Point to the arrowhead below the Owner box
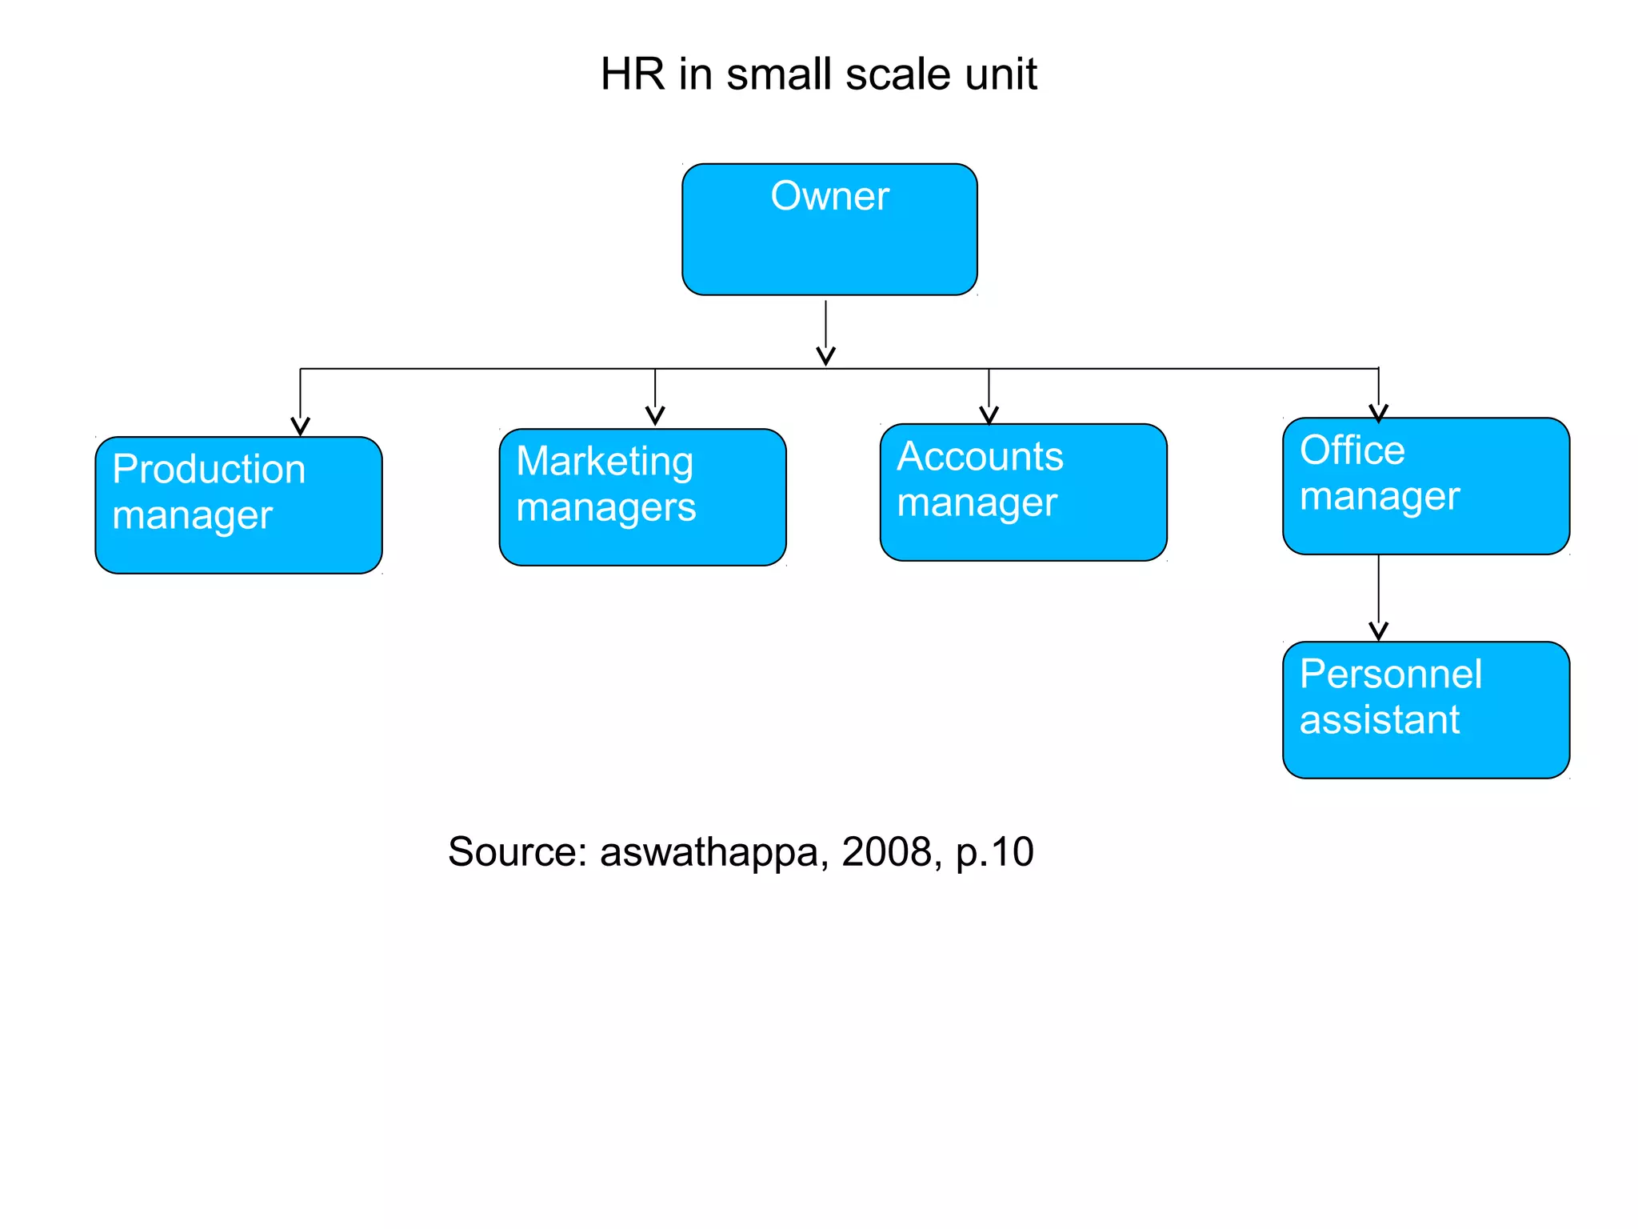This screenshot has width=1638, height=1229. pos(825,356)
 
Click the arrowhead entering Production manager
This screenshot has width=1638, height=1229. pos(300,426)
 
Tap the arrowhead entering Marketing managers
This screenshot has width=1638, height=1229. pos(655,416)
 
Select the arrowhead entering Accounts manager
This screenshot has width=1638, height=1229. pos(989,415)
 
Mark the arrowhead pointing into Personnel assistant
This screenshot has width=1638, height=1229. pos(1378,632)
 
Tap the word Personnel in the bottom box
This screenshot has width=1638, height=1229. pos(1390,674)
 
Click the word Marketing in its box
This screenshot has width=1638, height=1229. pos(605,462)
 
